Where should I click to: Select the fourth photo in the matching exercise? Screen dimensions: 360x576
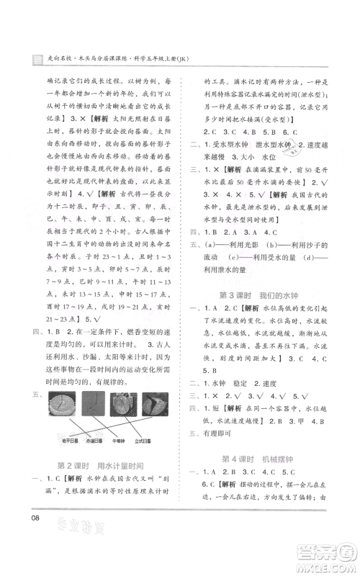[153, 401]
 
